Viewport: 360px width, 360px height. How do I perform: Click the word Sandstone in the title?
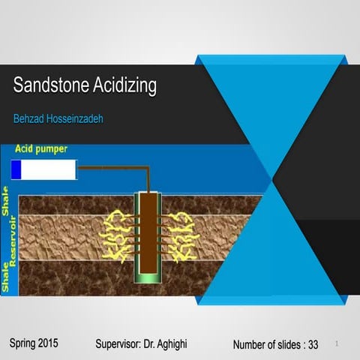[47, 86]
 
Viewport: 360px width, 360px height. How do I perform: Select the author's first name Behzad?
[29, 118]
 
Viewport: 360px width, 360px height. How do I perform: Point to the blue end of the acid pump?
[16, 171]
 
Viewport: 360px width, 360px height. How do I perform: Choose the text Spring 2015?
[34, 343]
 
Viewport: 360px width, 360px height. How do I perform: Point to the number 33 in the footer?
[313, 345]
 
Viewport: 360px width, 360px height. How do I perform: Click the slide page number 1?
[337, 344]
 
